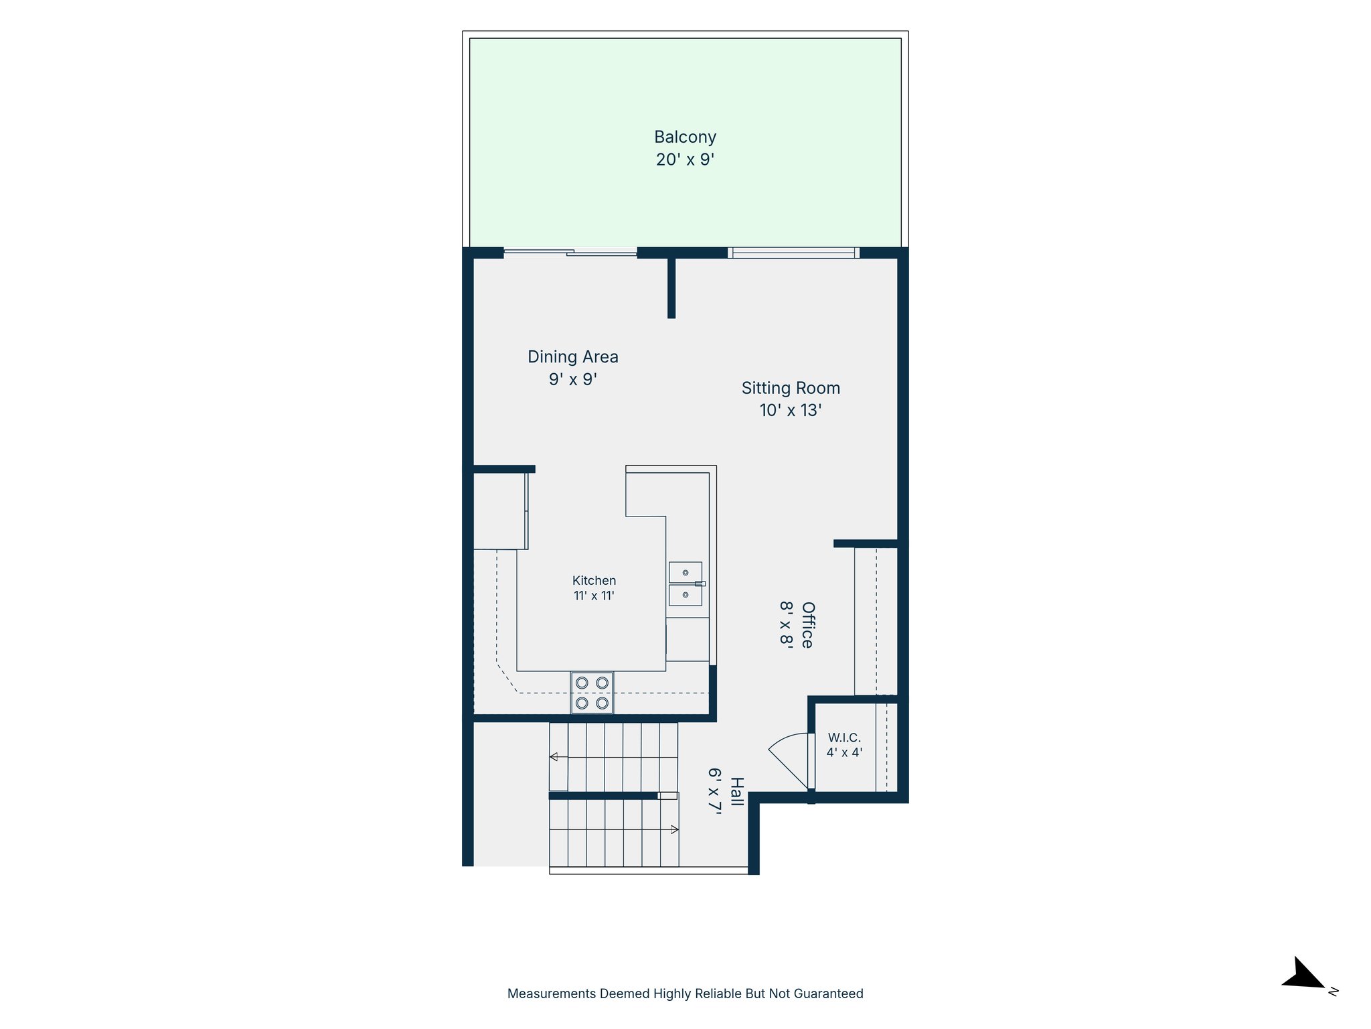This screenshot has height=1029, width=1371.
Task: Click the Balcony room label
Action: click(x=685, y=137)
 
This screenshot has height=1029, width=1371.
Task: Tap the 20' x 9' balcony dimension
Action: click(x=685, y=159)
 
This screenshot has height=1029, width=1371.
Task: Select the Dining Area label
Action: click(x=572, y=356)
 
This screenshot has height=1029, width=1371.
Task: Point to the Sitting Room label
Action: click(x=791, y=388)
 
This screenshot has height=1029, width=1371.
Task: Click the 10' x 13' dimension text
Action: click(x=791, y=410)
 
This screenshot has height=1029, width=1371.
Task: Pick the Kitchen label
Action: click(x=594, y=581)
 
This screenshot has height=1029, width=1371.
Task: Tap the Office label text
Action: click(x=808, y=625)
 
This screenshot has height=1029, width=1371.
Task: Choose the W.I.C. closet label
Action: click(x=844, y=738)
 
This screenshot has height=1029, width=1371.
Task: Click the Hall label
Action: click(x=736, y=791)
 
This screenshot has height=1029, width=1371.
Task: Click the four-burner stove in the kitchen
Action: click(x=592, y=693)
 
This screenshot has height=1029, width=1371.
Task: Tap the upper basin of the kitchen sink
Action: click(x=685, y=572)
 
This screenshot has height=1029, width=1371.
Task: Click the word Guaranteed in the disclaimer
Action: click(x=828, y=993)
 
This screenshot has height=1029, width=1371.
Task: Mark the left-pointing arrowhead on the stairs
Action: click(x=554, y=757)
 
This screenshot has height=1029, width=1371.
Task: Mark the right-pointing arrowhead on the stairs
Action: click(x=675, y=829)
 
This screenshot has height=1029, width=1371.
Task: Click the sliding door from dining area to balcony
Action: click(x=570, y=253)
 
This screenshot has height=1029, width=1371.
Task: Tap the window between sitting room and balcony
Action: click(x=793, y=253)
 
